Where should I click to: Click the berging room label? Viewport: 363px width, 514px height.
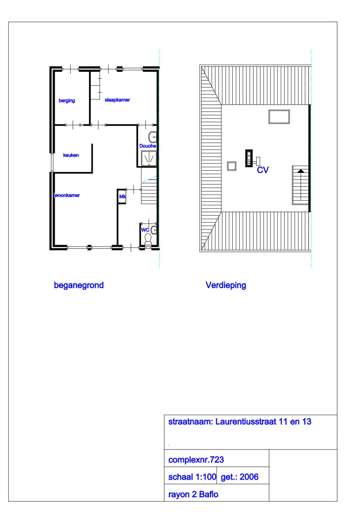click(67, 101)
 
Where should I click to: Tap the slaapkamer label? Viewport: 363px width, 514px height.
click(117, 100)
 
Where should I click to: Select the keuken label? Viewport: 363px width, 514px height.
click(71, 155)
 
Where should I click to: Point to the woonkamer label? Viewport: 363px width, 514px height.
click(68, 195)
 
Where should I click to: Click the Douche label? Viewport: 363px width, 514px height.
click(147, 146)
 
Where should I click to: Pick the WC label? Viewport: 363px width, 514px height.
click(145, 230)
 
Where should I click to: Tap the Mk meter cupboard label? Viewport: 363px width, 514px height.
click(122, 197)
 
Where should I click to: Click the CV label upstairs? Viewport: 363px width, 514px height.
click(263, 170)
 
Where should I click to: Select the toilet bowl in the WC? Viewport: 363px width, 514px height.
click(148, 239)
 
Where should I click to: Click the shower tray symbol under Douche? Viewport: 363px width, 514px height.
click(149, 158)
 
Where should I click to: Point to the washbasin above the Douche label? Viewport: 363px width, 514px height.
click(153, 137)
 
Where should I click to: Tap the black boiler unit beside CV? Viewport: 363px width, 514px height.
click(249, 158)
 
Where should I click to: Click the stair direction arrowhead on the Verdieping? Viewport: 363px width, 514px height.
click(301, 171)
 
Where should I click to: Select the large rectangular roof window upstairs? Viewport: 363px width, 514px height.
click(279, 117)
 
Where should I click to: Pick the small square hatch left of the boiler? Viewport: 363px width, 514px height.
click(232, 166)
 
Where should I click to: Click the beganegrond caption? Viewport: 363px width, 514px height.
click(79, 285)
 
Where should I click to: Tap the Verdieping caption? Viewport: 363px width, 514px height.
click(226, 285)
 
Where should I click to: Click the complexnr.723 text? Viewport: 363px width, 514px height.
click(196, 460)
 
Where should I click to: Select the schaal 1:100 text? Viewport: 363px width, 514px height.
click(192, 477)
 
